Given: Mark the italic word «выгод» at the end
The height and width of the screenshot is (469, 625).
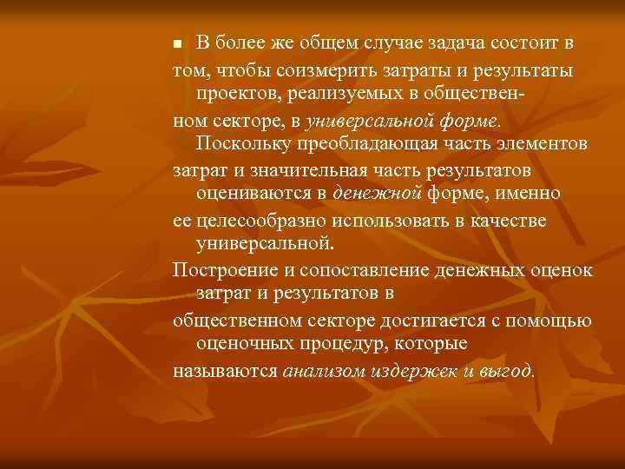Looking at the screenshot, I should coord(507,370).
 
